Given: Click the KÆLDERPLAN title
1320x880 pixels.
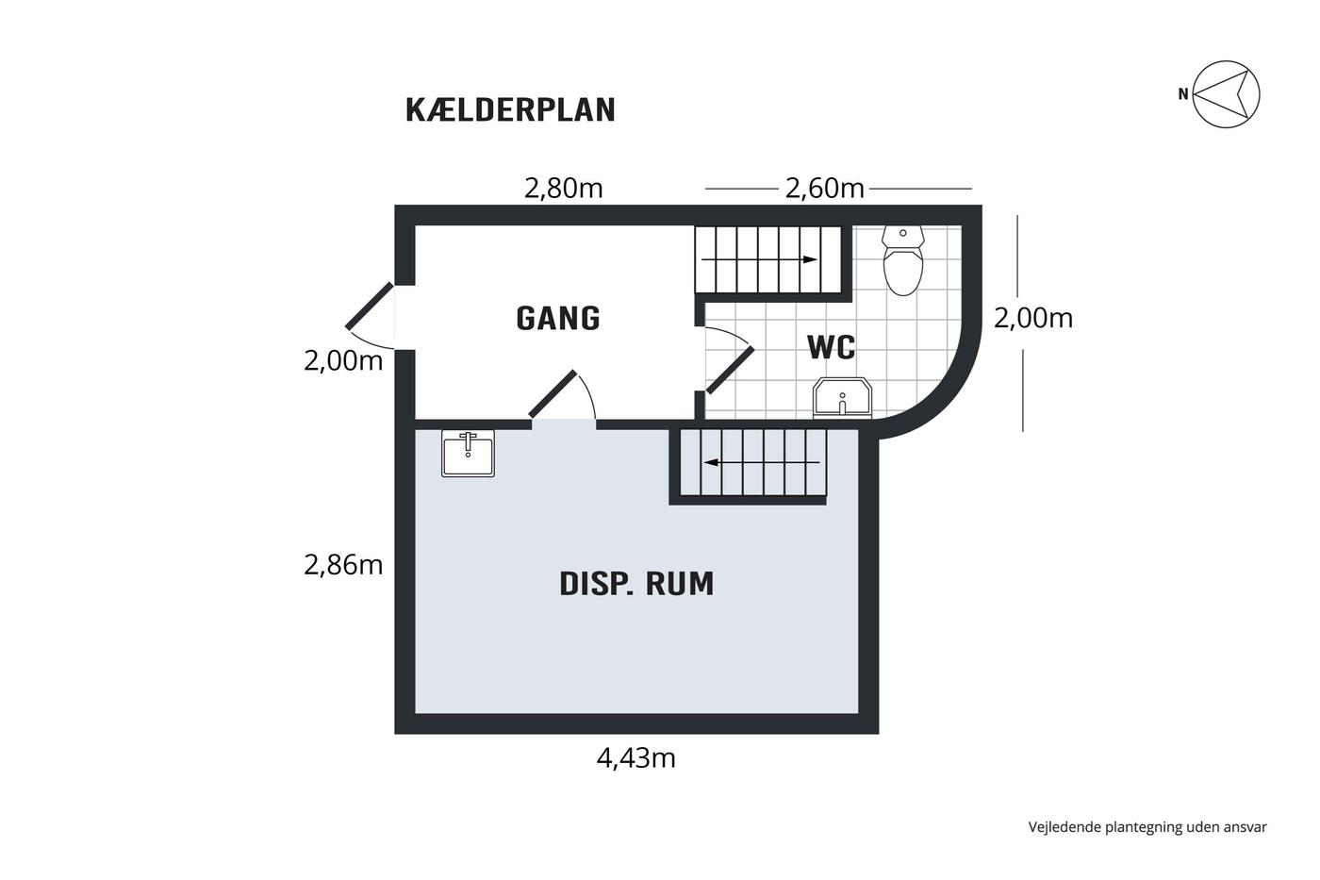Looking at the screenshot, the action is coord(510,110).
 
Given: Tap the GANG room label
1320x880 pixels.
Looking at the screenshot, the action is coord(558,318).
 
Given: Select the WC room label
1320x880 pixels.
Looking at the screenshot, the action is coord(832,347).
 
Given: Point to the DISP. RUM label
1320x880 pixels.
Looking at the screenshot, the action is coord(636,584).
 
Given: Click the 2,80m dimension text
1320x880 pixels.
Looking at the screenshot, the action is coord(564,189).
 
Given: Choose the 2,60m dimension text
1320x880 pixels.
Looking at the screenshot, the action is coord(824,189).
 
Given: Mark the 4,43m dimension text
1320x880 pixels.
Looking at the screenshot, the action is coord(635,758).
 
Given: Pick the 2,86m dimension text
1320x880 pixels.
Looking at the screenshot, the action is coord(343,565).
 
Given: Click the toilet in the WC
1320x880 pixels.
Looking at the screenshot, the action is coord(903,259).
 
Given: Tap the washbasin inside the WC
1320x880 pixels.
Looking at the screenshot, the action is coord(842,398).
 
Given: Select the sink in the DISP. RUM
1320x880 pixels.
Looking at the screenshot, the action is coord(468,453).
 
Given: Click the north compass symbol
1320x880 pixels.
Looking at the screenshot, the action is coord(1226,94).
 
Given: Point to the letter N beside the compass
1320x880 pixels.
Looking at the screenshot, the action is coord(1182,94).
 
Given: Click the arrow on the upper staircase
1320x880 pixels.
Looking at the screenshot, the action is coord(759,259).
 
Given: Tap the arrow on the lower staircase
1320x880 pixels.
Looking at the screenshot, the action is coord(762,462).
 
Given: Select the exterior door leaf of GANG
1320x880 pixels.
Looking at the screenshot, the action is coord(369,306).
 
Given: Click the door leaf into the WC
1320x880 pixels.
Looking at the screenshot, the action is coord(730,370).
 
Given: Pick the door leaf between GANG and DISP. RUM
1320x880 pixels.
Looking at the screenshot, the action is coord(553,393).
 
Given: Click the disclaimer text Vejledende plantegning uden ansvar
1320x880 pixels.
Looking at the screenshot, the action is coord(1147,827).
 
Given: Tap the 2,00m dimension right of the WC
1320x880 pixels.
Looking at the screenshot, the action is coord(1033,318).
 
